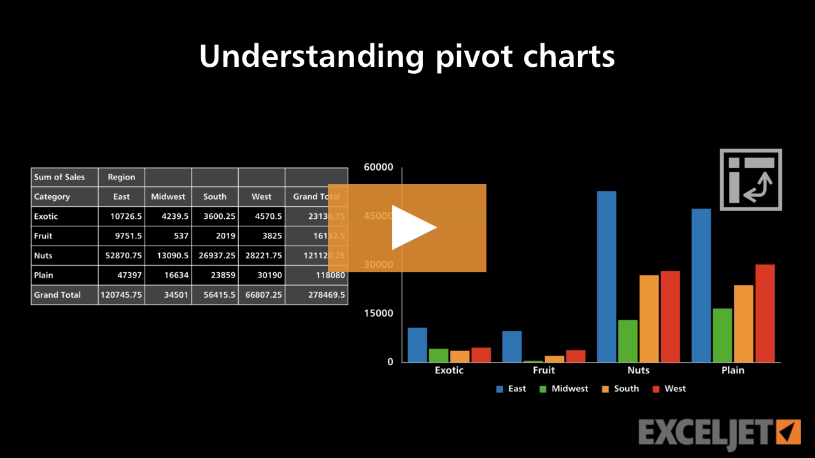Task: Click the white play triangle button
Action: click(413, 227)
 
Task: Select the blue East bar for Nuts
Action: click(606, 276)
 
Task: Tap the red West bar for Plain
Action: click(765, 313)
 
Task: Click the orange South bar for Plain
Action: click(744, 323)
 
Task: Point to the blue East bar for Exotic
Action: click(417, 344)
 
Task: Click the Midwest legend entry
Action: click(563, 389)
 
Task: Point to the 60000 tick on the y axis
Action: click(378, 167)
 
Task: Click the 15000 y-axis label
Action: click(378, 313)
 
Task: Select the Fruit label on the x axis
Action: click(544, 370)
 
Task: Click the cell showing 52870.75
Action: click(122, 256)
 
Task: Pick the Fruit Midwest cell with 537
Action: click(168, 236)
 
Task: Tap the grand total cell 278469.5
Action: click(316, 295)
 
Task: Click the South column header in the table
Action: click(215, 197)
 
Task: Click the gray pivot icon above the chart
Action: click(751, 179)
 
